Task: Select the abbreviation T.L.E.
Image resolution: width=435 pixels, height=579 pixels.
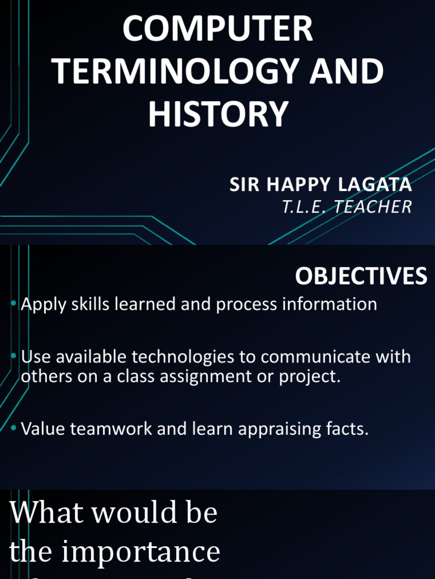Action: point(305,207)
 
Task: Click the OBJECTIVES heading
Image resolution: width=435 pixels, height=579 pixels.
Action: point(361,276)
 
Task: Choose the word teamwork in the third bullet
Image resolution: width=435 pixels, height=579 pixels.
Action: point(109,429)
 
